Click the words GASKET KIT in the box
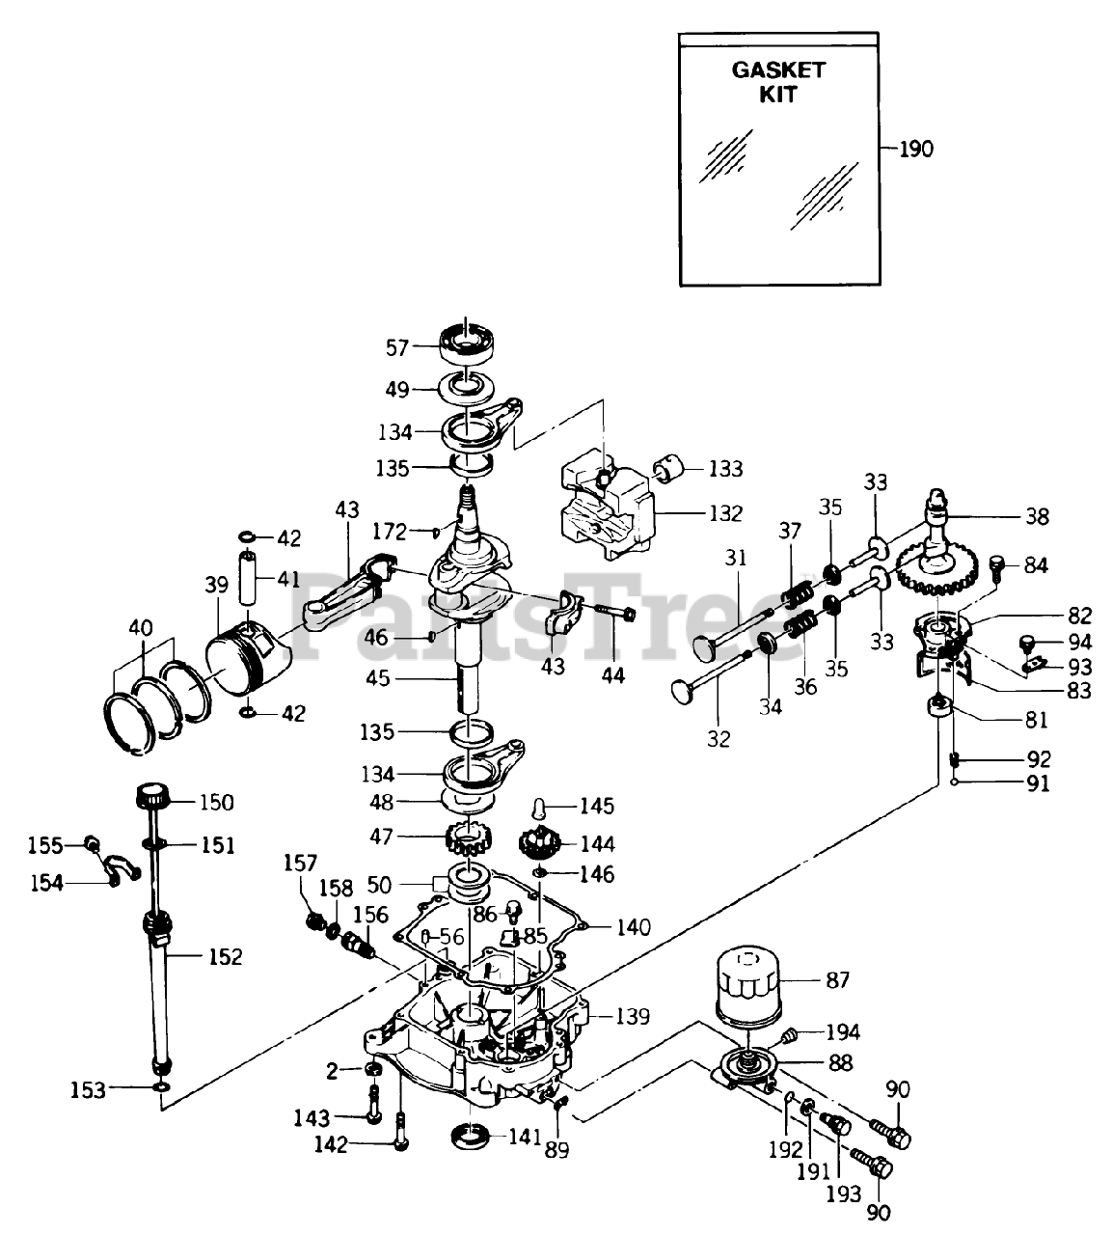coord(778,82)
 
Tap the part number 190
coord(916,149)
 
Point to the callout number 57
coord(397,348)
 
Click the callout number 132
coord(726,513)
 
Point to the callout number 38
coord(1037,516)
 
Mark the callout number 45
coord(378,678)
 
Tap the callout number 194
coord(843,1031)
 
